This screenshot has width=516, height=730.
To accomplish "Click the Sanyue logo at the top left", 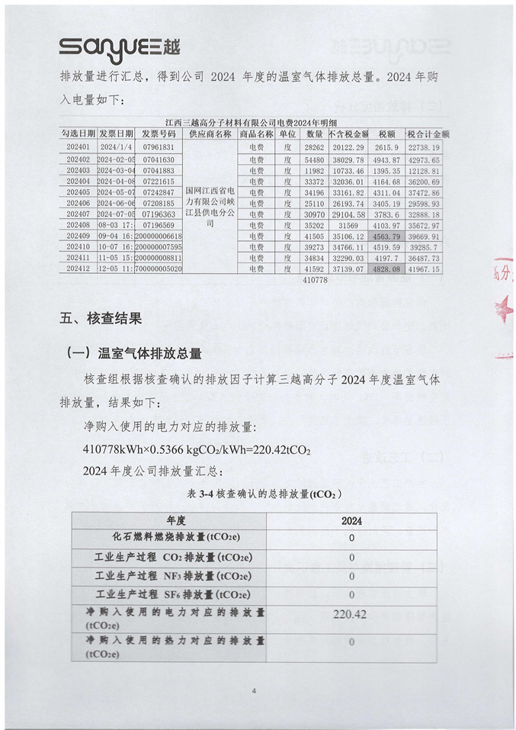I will (x=120, y=47).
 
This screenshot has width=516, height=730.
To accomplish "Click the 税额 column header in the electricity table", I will (x=386, y=133).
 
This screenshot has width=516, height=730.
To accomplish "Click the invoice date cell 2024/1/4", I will (x=116, y=146).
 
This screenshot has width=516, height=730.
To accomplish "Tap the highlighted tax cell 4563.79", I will (x=386, y=237).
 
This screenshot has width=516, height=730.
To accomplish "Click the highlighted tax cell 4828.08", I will (x=386, y=269).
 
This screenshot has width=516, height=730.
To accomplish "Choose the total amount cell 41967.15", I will (x=424, y=269).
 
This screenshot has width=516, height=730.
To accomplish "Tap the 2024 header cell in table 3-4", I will (x=351, y=521).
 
